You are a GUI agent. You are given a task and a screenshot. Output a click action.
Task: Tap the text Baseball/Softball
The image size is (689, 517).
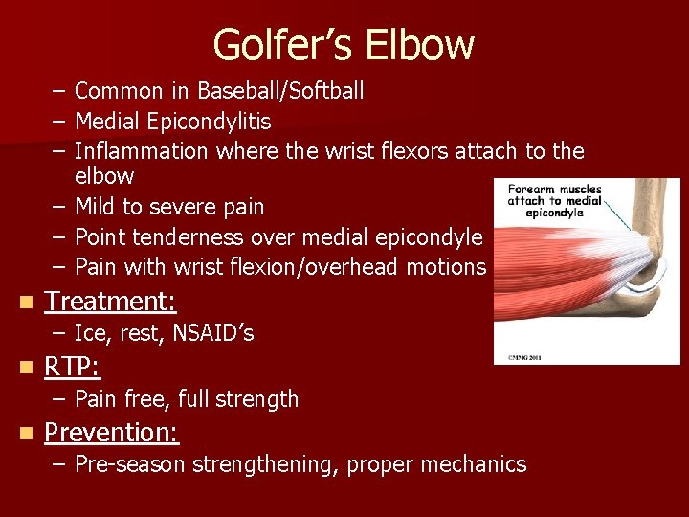[280, 91]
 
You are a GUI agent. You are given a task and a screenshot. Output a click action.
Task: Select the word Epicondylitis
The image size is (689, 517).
[207, 122]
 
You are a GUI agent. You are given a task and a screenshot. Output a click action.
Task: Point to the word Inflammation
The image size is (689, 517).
[141, 151]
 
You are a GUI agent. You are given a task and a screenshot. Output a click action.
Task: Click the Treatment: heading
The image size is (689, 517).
[111, 302]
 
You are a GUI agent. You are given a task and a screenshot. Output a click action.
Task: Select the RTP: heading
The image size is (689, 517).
[73, 368]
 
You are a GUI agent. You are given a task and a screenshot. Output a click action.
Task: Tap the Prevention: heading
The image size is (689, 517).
[112, 433]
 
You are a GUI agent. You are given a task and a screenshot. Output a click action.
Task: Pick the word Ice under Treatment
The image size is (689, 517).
[90, 333]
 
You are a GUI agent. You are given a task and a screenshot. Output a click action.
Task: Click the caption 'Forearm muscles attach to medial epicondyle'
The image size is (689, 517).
[554, 201]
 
